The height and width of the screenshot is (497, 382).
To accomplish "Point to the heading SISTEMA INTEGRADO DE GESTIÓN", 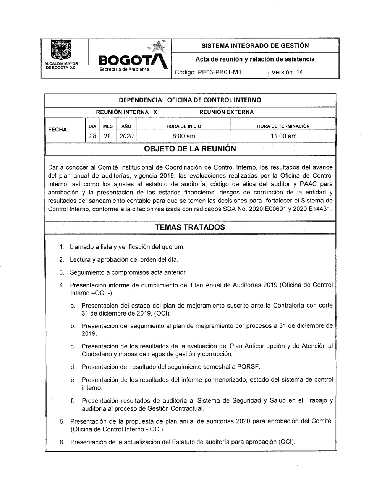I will point(255,45).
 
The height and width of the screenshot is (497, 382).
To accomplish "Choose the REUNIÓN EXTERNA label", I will point(227,112).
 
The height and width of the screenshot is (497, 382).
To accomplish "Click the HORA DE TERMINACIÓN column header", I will point(283,126).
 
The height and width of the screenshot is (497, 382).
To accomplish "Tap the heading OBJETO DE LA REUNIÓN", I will point(190,149).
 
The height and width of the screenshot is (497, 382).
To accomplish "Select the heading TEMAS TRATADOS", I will point(190,227).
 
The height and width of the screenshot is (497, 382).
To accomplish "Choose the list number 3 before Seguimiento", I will point(61,273).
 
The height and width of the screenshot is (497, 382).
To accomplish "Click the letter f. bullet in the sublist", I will point(72,401).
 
